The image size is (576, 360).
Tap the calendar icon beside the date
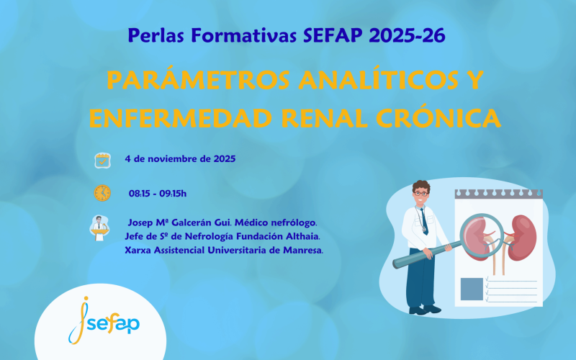click(x=102, y=160)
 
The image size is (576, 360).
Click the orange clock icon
click(x=102, y=193)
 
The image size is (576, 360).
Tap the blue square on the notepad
click(x=472, y=288)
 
